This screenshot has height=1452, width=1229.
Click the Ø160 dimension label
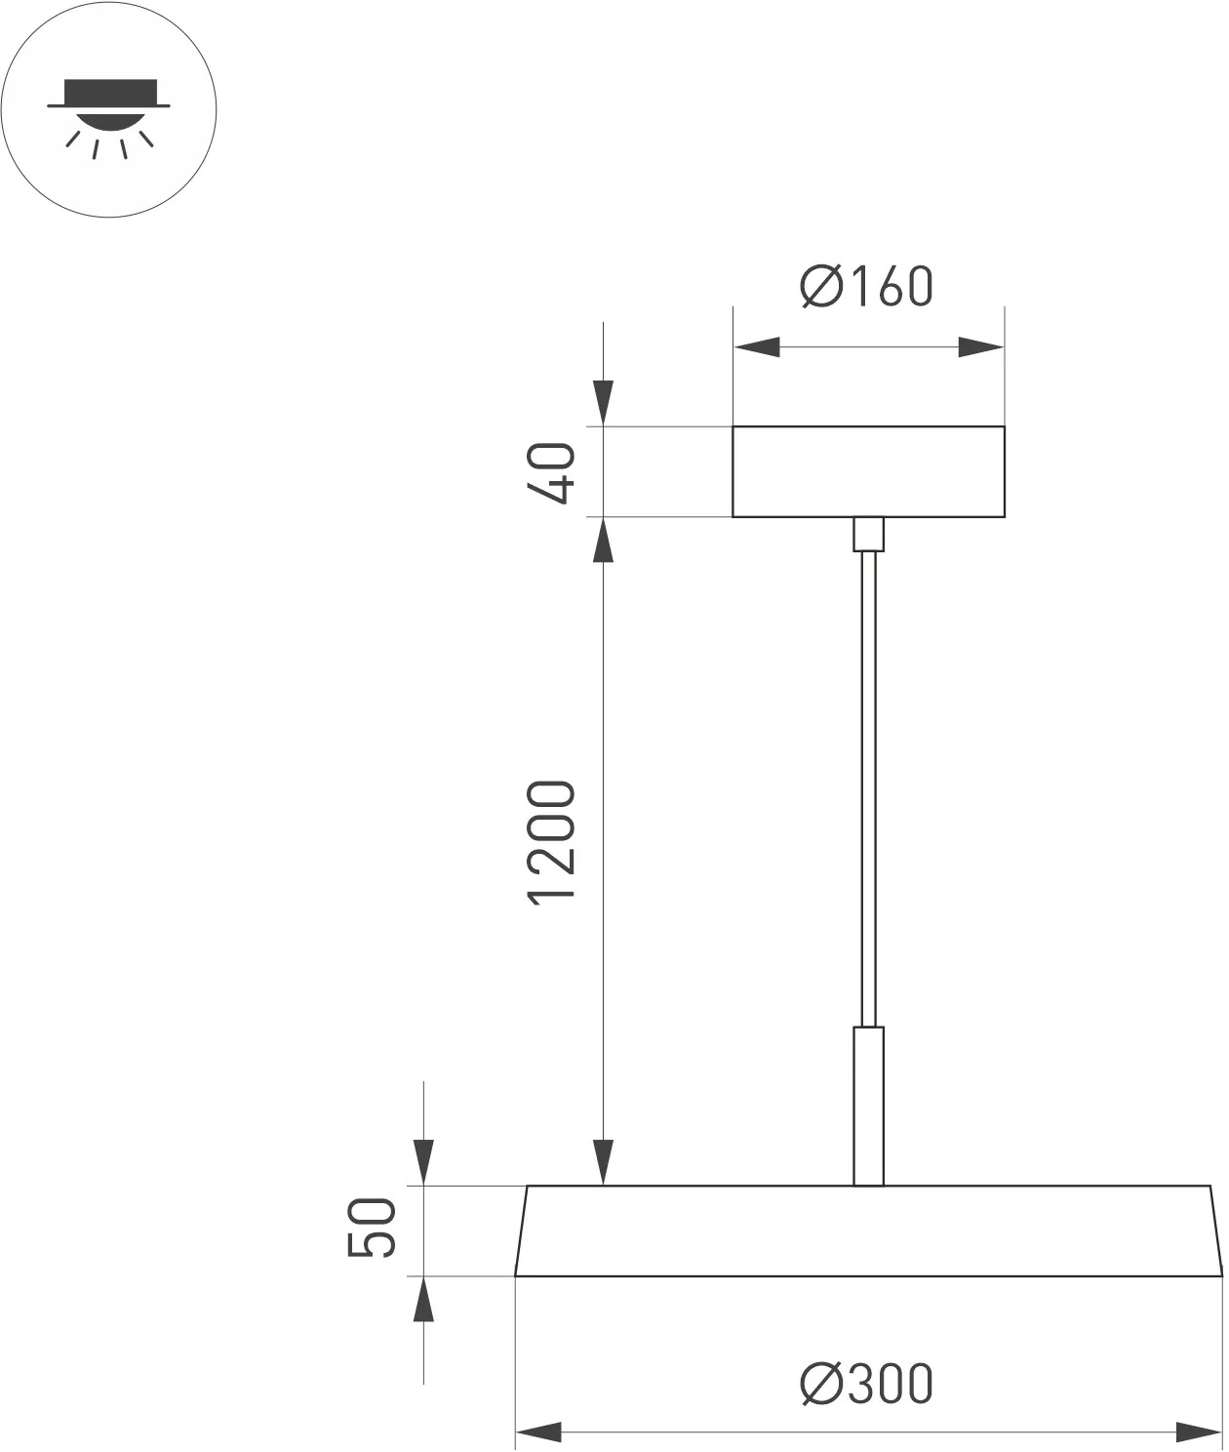pyautogui.click(x=867, y=286)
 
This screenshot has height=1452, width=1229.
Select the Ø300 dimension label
pyautogui.click(x=867, y=1384)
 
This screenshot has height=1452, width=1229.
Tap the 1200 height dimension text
pyautogui.click(x=553, y=842)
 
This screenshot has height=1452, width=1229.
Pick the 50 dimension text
pyautogui.click(x=374, y=1229)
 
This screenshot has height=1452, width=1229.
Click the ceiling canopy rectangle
pyautogui.click(x=868, y=471)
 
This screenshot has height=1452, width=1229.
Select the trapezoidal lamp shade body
pyautogui.click(x=868, y=1230)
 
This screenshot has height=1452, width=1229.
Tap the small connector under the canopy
pyautogui.click(x=868, y=534)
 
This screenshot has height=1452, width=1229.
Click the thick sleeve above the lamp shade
pyautogui.click(x=868, y=1105)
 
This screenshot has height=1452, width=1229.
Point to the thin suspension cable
pyautogui.click(x=868, y=781)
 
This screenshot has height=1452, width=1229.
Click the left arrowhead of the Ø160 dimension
pyautogui.click(x=757, y=346)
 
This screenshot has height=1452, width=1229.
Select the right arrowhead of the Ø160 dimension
pyautogui.click(x=980, y=346)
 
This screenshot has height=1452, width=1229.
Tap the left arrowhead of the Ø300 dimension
pyautogui.click(x=538, y=1432)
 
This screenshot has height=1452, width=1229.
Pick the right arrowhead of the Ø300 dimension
pyautogui.click(x=1198, y=1432)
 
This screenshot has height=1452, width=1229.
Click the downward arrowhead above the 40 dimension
pyautogui.click(x=605, y=403)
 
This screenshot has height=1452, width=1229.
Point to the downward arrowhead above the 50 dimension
pyautogui.click(x=423, y=1162)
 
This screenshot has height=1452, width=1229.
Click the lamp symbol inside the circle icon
pyautogui.click(x=108, y=109)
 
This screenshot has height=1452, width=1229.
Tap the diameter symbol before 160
pyautogui.click(x=820, y=287)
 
